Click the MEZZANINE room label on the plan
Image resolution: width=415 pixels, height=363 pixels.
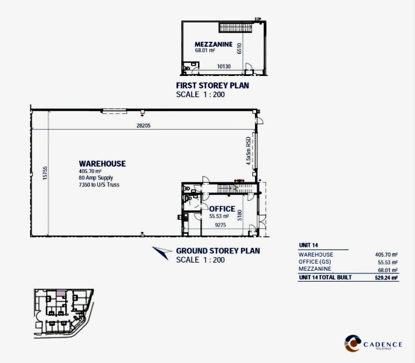click(x=214, y=44)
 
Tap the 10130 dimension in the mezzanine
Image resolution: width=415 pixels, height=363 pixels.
click(x=224, y=66)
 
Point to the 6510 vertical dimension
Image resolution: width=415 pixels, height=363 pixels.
click(x=239, y=48)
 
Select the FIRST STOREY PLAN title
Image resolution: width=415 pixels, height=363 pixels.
click(x=213, y=86)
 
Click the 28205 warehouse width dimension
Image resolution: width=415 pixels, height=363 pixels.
click(x=143, y=125)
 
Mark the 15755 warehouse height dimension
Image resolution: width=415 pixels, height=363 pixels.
click(x=45, y=173)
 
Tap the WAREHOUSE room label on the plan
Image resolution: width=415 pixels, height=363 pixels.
click(x=103, y=164)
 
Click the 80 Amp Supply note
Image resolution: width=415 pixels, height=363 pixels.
click(x=96, y=177)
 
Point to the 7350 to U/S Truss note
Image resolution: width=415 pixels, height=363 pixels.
click(x=99, y=184)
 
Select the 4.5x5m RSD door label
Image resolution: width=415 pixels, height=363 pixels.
click(x=248, y=151)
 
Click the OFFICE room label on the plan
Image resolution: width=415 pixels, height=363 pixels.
click(x=222, y=209)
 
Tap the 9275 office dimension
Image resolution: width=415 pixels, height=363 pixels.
click(x=220, y=225)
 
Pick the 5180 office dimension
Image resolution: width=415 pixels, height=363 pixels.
click(x=240, y=215)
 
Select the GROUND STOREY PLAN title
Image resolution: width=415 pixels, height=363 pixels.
click(x=218, y=251)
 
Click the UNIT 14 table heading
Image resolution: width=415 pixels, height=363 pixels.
click(x=308, y=245)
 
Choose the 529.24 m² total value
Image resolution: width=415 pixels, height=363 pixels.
click(x=386, y=278)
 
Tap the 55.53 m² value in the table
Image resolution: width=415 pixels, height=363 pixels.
click(x=388, y=263)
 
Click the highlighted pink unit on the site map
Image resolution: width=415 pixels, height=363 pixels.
click(x=61, y=294)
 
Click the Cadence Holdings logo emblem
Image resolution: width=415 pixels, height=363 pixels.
click(x=353, y=343)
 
